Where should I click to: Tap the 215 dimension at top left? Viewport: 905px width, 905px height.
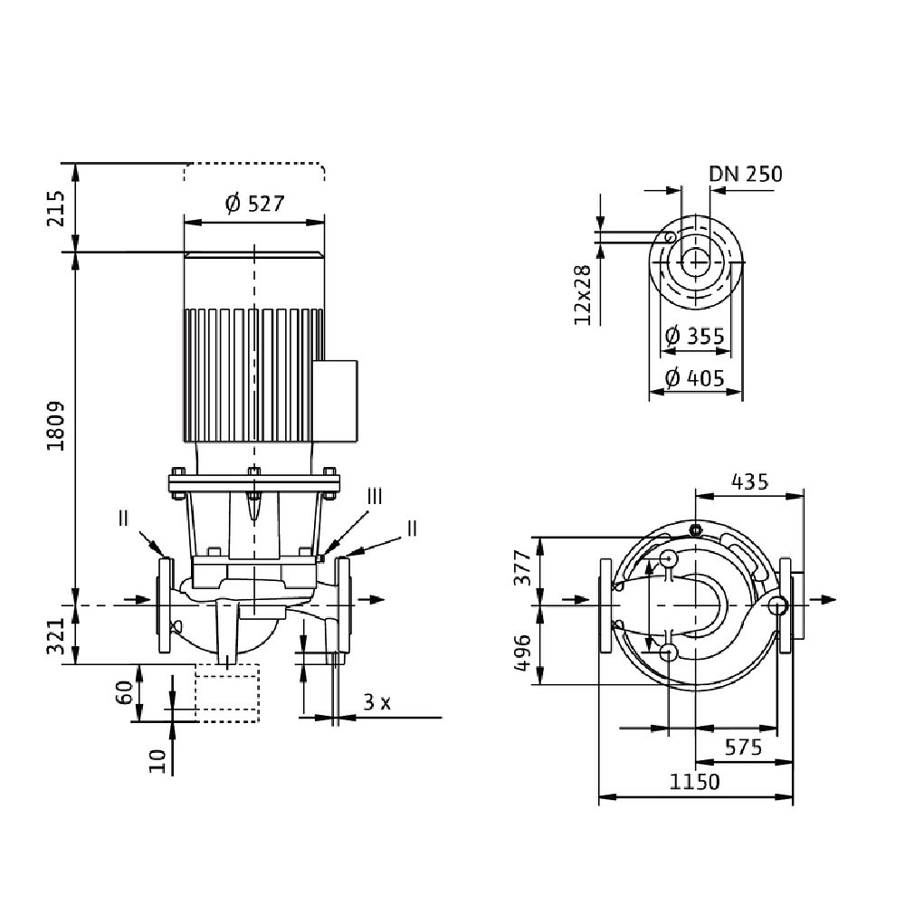coord(56,207)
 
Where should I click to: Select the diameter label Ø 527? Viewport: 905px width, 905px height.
coord(254,204)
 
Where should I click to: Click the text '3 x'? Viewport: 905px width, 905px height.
coord(376,701)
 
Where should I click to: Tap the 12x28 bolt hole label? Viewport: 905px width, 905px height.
coord(582,295)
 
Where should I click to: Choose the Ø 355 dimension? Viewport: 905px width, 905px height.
coord(695,336)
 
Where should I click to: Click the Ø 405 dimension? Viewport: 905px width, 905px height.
coord(695,378)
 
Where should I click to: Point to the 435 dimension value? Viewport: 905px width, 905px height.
coord(750,481)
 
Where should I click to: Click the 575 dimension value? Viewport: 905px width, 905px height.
coord(743,748)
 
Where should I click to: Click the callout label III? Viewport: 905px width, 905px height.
coord(375,496)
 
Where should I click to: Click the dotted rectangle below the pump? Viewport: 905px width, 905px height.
coord(227,692)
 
